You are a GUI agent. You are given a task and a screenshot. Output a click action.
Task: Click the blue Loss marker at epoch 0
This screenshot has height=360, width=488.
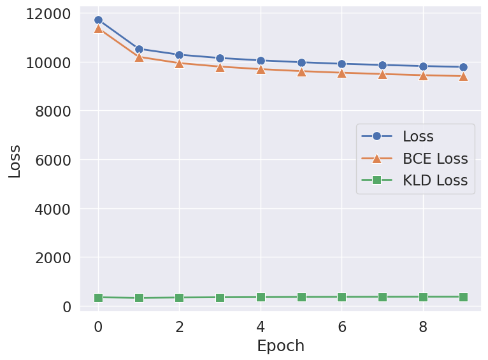click(98, 20)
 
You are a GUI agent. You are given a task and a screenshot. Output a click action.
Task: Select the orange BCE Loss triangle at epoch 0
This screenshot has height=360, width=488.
click(98, 29)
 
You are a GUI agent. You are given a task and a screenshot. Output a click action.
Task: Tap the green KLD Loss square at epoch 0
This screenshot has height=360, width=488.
click(98, 298)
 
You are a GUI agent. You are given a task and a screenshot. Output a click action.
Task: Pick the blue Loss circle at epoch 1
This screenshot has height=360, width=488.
click(139, 49)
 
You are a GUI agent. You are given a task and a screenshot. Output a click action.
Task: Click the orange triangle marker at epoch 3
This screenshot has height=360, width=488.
click(220, 66)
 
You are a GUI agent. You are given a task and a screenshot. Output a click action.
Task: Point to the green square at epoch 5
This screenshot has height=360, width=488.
click(301, 297)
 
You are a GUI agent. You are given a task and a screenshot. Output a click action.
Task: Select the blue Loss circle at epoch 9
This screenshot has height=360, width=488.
click(463, 67)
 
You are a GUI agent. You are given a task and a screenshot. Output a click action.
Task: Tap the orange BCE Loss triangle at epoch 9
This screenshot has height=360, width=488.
click(463, 76)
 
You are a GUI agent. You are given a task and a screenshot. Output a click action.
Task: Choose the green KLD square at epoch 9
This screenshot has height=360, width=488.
click(463, 297)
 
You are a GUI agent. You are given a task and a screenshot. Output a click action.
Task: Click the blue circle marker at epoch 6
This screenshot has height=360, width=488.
click(341, 64)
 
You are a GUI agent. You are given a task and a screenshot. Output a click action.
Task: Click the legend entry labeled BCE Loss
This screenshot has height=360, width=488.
click(434, 159)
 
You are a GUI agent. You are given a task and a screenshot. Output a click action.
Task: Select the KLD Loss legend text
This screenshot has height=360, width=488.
click(434, 180)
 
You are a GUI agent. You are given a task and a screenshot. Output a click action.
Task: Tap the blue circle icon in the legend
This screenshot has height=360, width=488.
click(377, 136)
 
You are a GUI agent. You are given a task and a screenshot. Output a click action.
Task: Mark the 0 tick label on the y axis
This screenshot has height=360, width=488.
click(66, 306)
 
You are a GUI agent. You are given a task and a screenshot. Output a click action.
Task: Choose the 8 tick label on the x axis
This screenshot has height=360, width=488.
click(423, 326)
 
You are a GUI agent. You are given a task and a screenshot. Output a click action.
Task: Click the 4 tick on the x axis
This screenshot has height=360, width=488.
click(261, 326)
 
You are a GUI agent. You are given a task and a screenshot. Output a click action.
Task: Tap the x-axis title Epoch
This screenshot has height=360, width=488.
click(280, 346)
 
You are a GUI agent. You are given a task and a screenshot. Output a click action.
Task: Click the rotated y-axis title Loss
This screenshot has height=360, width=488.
click(15, 161)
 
